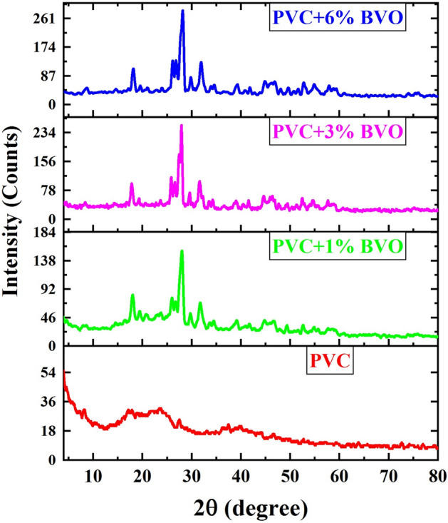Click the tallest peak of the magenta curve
coord(182,126)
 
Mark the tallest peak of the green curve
coord(182,251)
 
